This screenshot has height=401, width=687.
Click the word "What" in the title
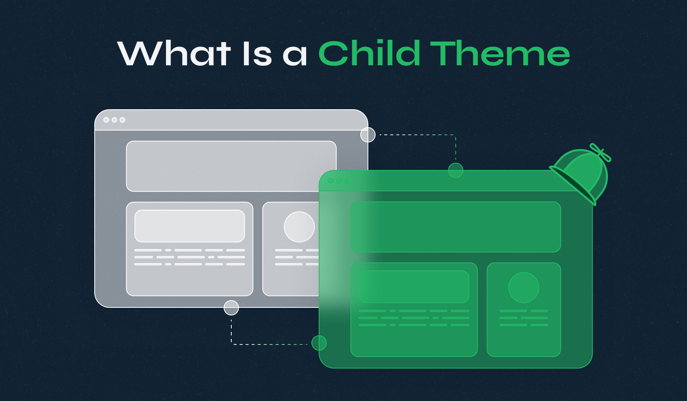pyautogui.click(x=174, y=53)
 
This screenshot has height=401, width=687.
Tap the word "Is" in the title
pyautogui.click(x=257, y=53)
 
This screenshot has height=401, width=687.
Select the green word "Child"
pyautogui.click(x=369, y=53)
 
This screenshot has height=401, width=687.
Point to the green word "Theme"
pyautogui.click(x=500, y=53)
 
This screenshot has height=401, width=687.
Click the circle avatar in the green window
pyautogui.click(x=524, y=288)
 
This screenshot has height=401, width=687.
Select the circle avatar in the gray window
pyautogui.click(x=299, y=227)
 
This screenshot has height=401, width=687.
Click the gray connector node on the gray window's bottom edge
pyautogui.click(x=231, y=307)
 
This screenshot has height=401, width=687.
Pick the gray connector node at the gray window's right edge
pyautogui.click(x=368, y=135)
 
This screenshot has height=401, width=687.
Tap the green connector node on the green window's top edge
pyautogui.click(x=456, y=170)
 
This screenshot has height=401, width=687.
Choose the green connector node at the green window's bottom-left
pyautogui.click(x=319, y=343)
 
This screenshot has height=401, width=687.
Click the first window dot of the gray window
pyautogui.click(x=106, y=120)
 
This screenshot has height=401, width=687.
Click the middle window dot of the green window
pyautogui.click(x=339, y=181)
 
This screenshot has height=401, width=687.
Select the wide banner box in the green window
pyautogui.click(x=455, y=227)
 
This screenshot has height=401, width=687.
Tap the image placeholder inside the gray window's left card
pyautogui.click(x=190, y=226)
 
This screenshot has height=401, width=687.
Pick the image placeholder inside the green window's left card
pyautogui.click(x=414, y=287)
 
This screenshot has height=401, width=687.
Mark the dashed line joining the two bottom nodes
pyautogui.click(x=267, y=344)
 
